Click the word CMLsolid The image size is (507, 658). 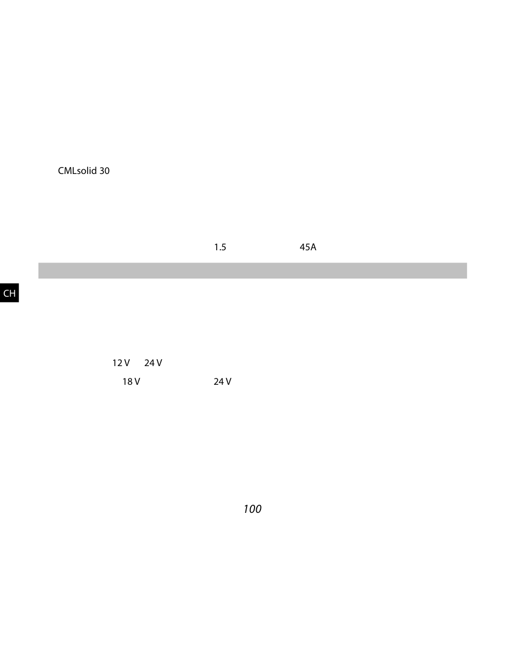(77, 171)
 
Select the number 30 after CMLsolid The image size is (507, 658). (105, 171)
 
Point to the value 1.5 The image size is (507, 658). (220, 248)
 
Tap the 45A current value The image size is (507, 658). (308, 248)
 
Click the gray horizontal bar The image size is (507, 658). (252, 271)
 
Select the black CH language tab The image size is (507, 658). (10, 293)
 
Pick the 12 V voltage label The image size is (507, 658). (121, 363)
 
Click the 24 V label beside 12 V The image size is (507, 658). (153, 363)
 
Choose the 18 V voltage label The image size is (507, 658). (131, 382)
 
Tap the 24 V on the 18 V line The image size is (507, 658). (223, 382)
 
